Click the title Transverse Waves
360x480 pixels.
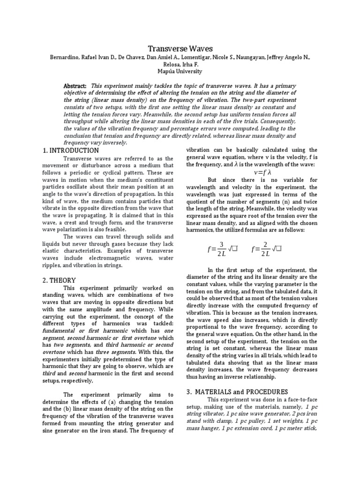click(180, 49)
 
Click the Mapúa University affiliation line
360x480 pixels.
click(180, 72)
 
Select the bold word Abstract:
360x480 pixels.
click(75, 86)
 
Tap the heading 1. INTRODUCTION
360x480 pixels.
click(70, 150)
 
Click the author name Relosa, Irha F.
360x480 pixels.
click(180, 65)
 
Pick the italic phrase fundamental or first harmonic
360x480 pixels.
click(78, 329)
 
